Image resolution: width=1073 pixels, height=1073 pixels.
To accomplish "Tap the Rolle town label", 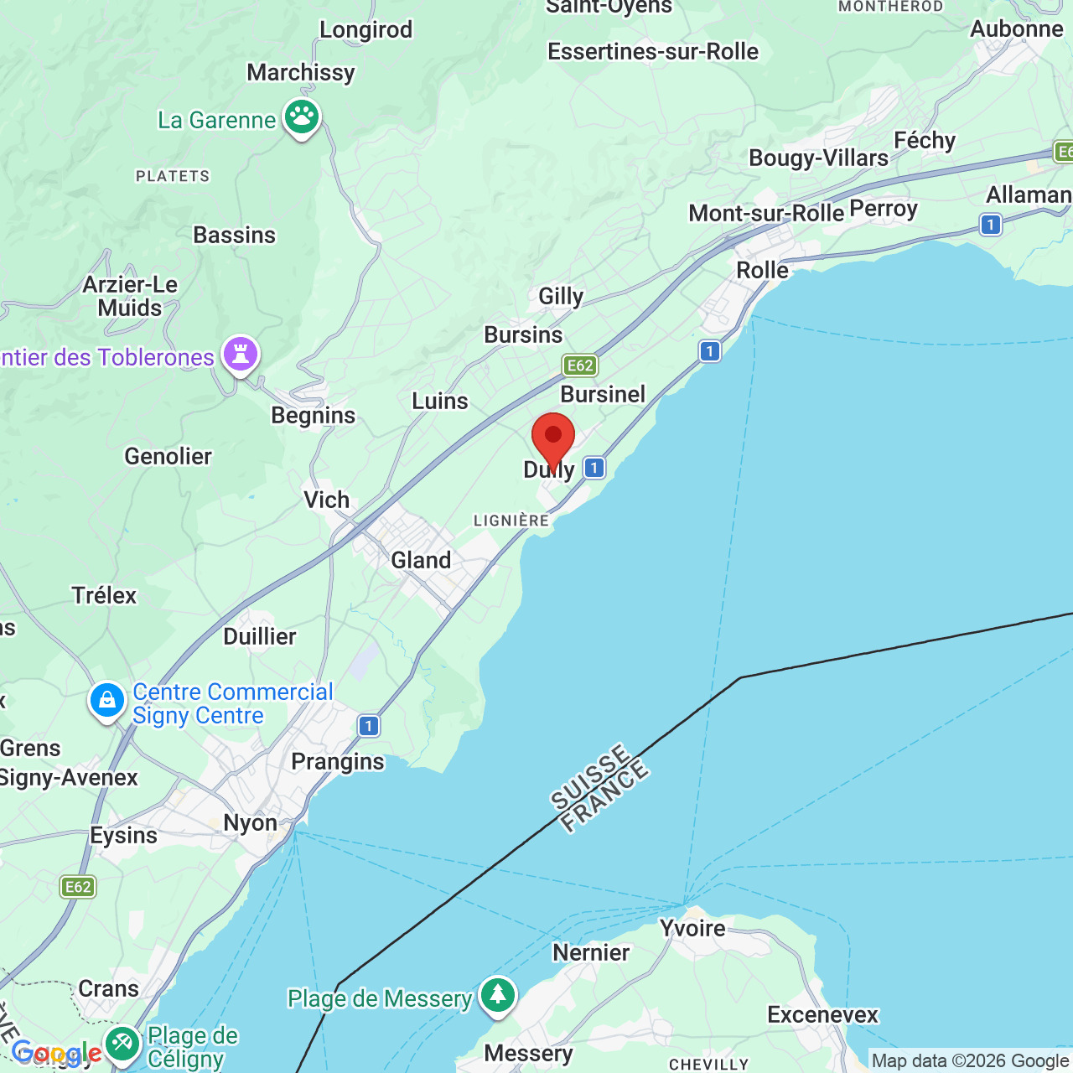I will click(762, 270).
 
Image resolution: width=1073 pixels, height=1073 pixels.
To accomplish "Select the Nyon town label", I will click(250, 822).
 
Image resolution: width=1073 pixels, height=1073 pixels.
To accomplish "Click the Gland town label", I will click(421, 560).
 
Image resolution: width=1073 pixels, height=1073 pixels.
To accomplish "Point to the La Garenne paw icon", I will click(302, 117).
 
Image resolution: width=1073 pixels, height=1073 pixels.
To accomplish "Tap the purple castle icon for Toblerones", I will click(241, 355).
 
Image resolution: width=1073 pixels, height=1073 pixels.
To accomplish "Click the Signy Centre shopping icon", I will click(107, 701).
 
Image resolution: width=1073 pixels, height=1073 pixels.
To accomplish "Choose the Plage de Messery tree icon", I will click(498, 996).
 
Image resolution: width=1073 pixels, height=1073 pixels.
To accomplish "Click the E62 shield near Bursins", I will click(580, 365).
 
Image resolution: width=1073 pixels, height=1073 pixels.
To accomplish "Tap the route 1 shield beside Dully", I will click(594, 468).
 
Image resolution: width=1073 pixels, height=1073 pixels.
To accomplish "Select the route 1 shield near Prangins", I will click(368, 726).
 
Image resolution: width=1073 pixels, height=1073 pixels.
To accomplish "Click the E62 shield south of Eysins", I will click(78, 887).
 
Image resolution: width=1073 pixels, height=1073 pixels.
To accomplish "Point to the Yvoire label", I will click(692, 929).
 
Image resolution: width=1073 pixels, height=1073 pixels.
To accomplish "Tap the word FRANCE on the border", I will click(604, 797).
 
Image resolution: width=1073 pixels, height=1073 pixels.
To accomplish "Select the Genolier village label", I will click(168, 456).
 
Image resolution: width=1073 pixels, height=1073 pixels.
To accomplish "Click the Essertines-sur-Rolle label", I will click(652, 52).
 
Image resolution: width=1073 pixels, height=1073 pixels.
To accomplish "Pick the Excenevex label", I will click(822, 1014).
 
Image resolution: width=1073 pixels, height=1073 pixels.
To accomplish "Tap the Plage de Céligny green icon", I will click(123, 1044).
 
